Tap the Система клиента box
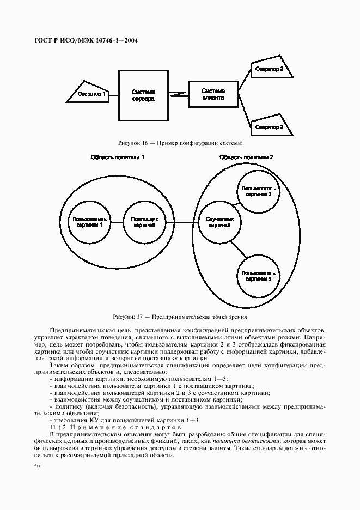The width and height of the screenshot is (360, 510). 212,94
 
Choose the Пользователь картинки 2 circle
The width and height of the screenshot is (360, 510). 258,191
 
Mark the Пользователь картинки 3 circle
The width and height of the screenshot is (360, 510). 258,275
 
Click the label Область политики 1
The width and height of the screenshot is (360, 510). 117,157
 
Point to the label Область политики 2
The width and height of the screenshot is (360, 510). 246,157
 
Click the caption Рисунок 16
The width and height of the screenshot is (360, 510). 180,143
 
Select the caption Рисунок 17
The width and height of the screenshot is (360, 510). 180,316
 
